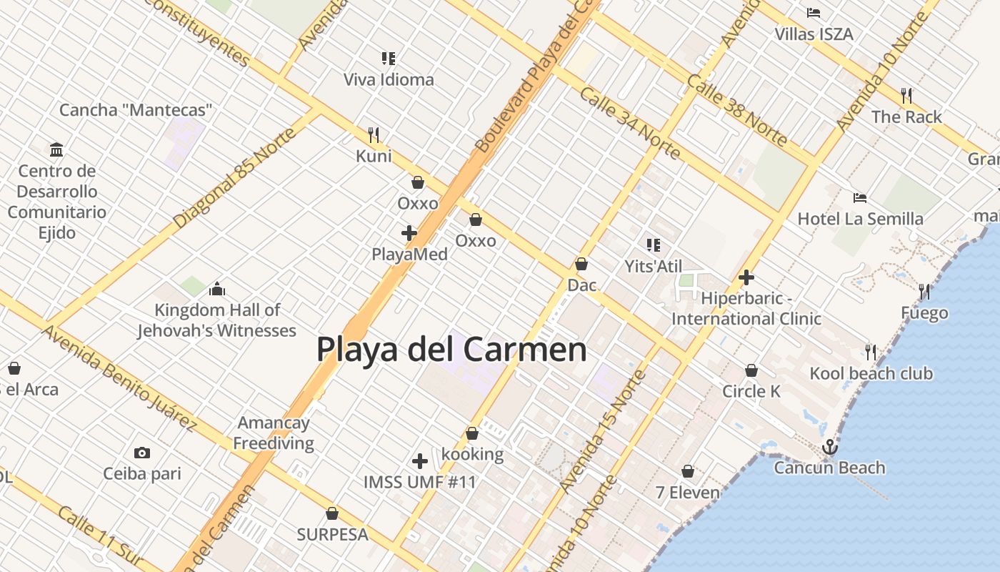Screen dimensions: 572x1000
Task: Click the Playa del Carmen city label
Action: pos(451,350)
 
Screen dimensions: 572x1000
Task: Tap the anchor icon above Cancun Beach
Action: pos(829,448)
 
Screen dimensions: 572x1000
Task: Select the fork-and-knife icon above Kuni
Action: pos(373,134)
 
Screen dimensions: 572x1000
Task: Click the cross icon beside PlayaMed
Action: pos(409,233)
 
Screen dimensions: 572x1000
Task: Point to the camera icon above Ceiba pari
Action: pos(142,453)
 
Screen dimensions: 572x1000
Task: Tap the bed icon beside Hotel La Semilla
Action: pos(860,197)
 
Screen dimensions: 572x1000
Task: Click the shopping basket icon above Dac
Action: pos(581,264)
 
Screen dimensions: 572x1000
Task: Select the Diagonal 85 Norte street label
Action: pos(234,178)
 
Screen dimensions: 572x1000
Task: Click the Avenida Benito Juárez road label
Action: pos(119,378)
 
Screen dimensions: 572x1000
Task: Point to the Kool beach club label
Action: pos(871,373)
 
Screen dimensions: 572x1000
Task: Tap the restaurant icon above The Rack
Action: pos(906,95)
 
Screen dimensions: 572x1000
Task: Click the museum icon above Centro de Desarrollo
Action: pos(56,149)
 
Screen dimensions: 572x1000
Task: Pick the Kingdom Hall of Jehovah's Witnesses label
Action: pos(217,320)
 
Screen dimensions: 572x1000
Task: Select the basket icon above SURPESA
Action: pos(332,513)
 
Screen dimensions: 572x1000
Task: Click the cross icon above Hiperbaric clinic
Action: pos(746,277)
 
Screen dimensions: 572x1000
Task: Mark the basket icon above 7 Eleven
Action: pos(688,471)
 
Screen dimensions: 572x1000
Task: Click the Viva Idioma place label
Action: pos(389,79)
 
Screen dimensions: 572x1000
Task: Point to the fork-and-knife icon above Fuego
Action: pos(924,291)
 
